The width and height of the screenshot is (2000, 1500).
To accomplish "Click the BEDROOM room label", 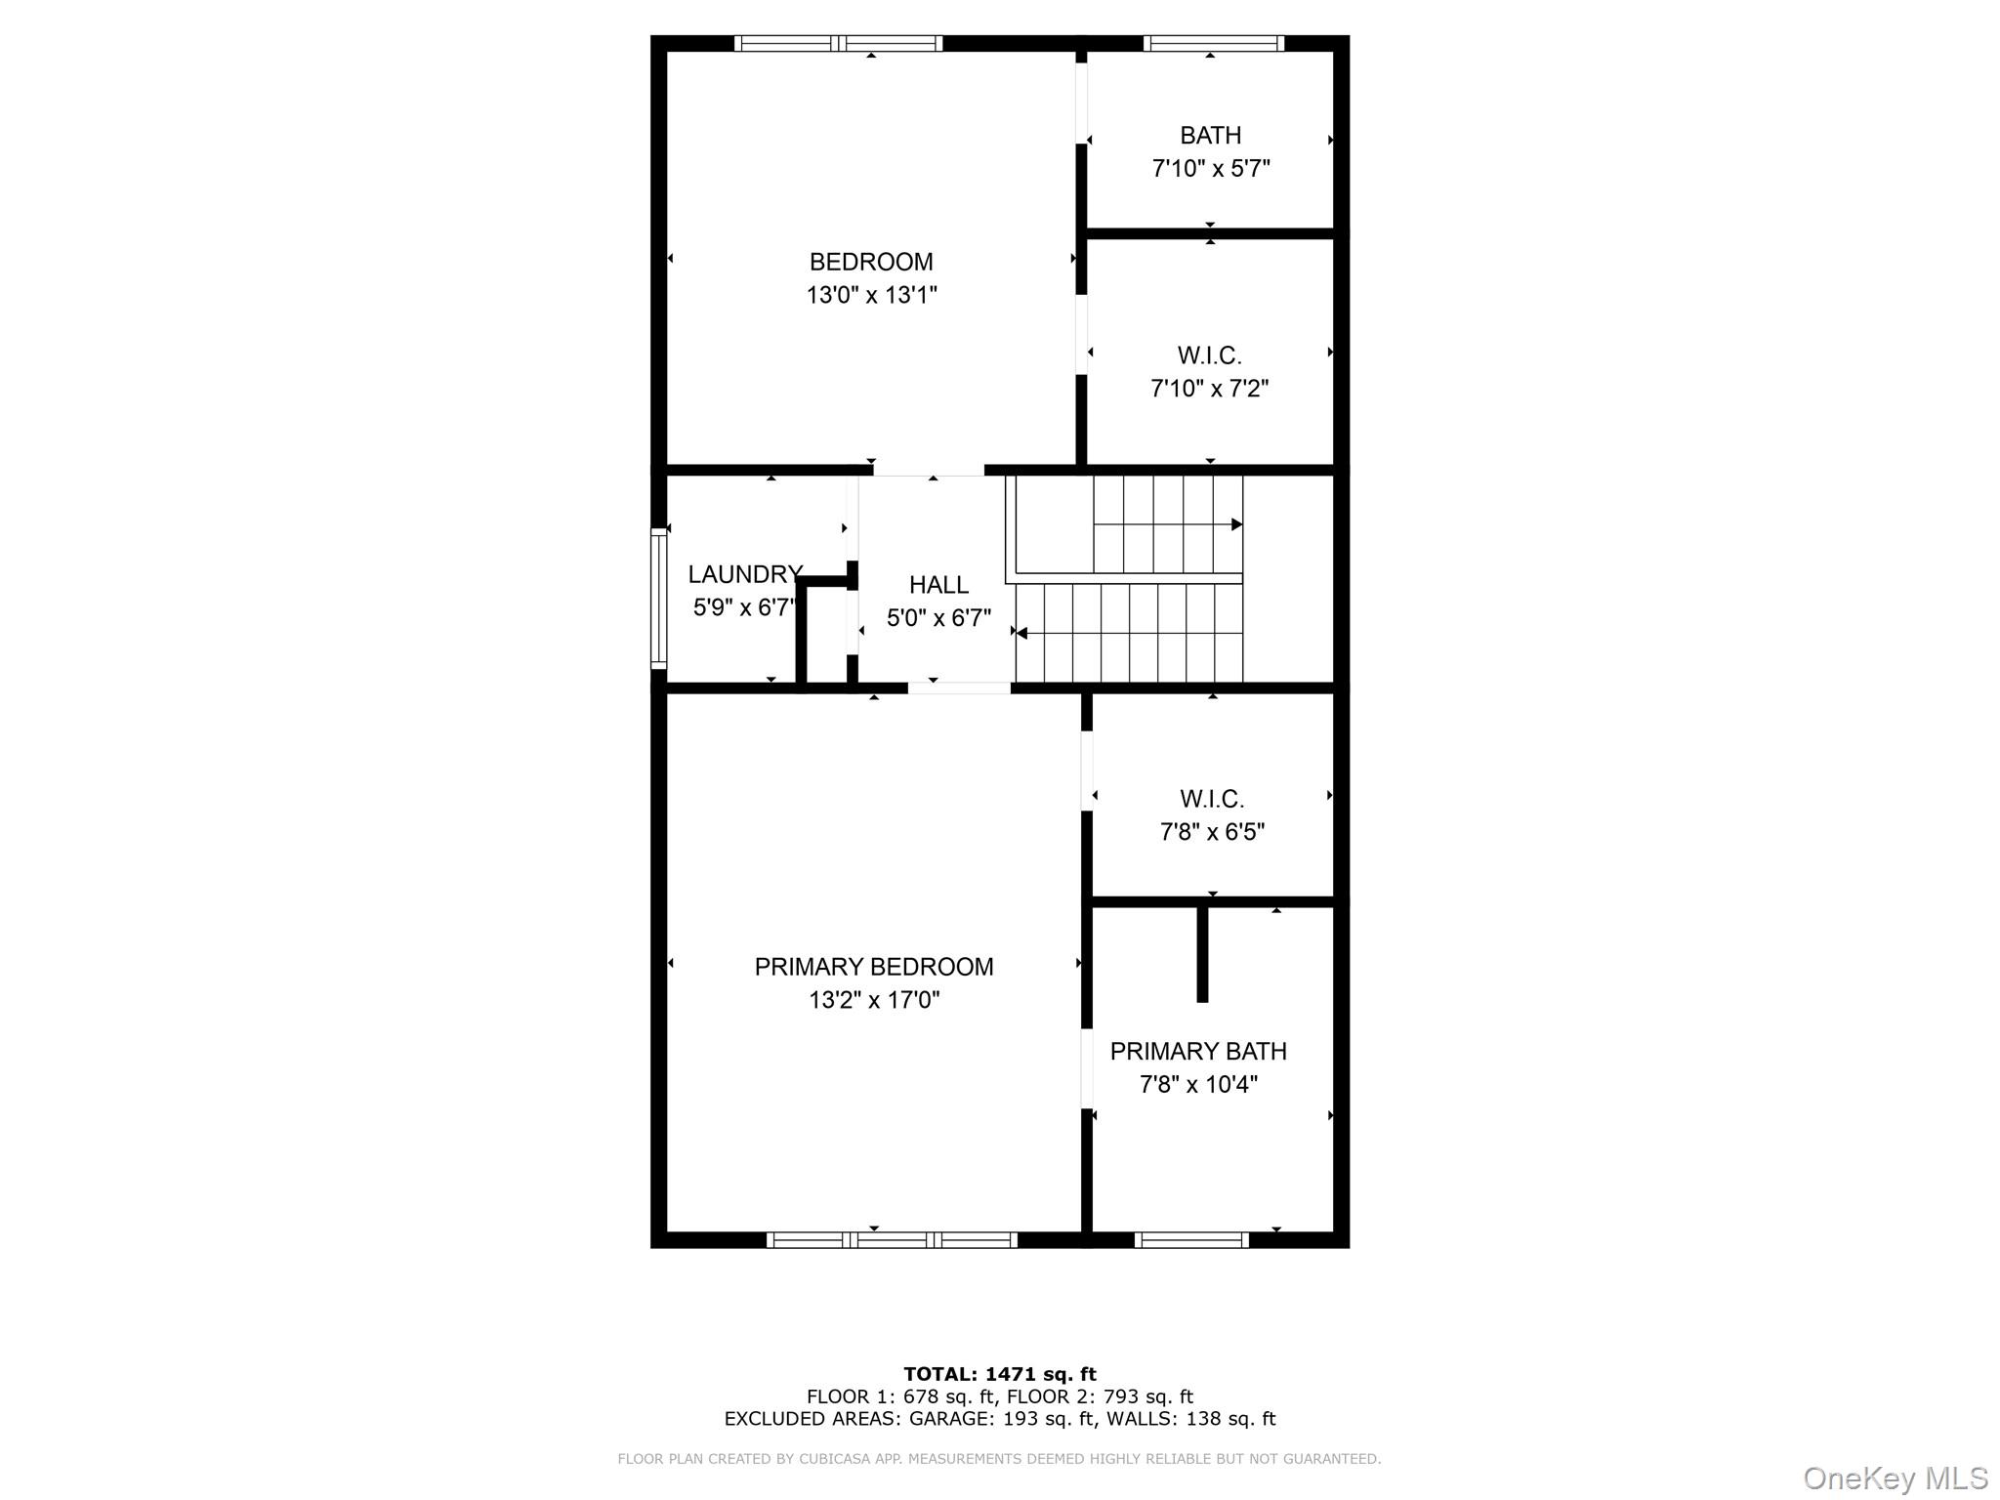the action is pos(871,262).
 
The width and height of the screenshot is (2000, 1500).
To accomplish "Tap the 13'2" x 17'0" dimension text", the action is pos(874,1000).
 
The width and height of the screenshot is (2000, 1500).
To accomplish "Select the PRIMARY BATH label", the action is pos(1198,1051).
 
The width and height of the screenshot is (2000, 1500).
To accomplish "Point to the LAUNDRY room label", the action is pos(745,574).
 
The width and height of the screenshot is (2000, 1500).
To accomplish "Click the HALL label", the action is pos(938,585).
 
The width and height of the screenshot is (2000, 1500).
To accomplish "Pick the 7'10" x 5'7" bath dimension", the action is pos(1211,169).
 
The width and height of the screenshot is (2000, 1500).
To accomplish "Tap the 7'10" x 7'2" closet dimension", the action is pos(1210,389).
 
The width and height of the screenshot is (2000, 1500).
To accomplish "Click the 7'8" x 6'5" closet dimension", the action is pos(1212,832).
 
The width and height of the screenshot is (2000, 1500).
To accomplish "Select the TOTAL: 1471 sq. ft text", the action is pos(1000,1374).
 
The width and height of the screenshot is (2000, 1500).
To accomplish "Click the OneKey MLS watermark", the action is pos(1896,1478).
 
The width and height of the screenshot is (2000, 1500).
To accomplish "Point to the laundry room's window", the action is pos(659,599).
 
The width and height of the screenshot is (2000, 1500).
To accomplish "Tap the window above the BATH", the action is pos(1213,43).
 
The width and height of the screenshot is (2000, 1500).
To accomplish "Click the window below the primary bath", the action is pos(1191,1240).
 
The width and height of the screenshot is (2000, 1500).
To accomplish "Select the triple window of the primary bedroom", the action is pos(892,1240).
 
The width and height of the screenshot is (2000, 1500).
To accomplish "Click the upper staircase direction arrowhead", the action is pos(1237,524).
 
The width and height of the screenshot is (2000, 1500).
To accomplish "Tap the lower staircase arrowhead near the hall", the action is pos(1021,634).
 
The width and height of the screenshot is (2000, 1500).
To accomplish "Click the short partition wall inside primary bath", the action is pos(1202,954).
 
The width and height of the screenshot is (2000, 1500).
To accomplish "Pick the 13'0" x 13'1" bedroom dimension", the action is pos(872,295).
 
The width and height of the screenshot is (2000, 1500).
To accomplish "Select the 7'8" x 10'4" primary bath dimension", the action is pos(1198,1084).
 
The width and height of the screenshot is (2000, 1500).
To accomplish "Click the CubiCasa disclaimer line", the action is pos(999,1459).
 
